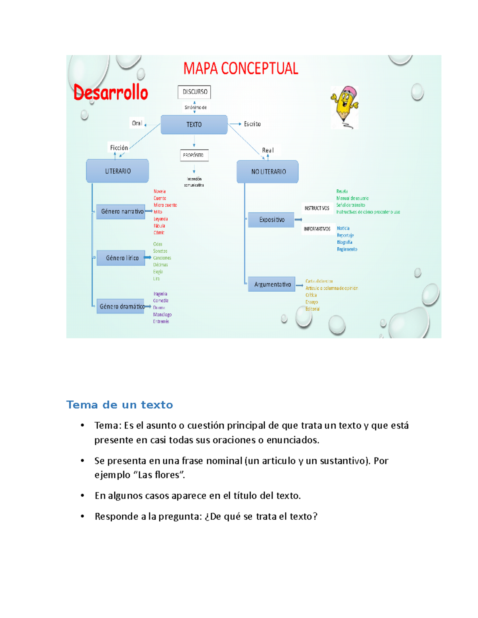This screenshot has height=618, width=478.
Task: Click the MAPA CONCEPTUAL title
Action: (x=241, y=68)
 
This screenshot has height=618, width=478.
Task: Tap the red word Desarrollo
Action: (x=111, y=93)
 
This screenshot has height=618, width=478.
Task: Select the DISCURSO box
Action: (x=194, y=92)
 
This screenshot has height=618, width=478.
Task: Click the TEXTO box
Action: (x=194, y=125)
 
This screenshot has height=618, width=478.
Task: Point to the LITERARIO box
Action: (x=118, y=171)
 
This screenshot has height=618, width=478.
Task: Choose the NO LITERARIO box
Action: (x=268, y=172)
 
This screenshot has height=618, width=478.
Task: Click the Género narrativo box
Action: (x=121, y=211)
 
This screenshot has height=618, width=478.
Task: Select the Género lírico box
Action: (x=121, y=258)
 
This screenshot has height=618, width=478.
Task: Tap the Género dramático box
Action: (x=121, y=306)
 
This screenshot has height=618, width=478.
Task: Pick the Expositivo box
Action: (x=271, y=220)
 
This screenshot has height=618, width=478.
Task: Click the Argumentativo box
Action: (x=272, y=285)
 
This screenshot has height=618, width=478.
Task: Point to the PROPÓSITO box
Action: (x=194, y=155)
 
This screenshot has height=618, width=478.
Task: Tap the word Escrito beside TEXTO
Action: (x=252, y=124)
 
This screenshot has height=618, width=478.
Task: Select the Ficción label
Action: (x=119, y=148)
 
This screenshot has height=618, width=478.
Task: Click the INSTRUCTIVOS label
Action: (x=317, y=208)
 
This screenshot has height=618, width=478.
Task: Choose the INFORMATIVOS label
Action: (x=317, y=229)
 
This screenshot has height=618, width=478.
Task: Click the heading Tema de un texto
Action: (x=119, y=405)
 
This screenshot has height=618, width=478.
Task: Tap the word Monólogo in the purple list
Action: (x=162, y=314)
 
